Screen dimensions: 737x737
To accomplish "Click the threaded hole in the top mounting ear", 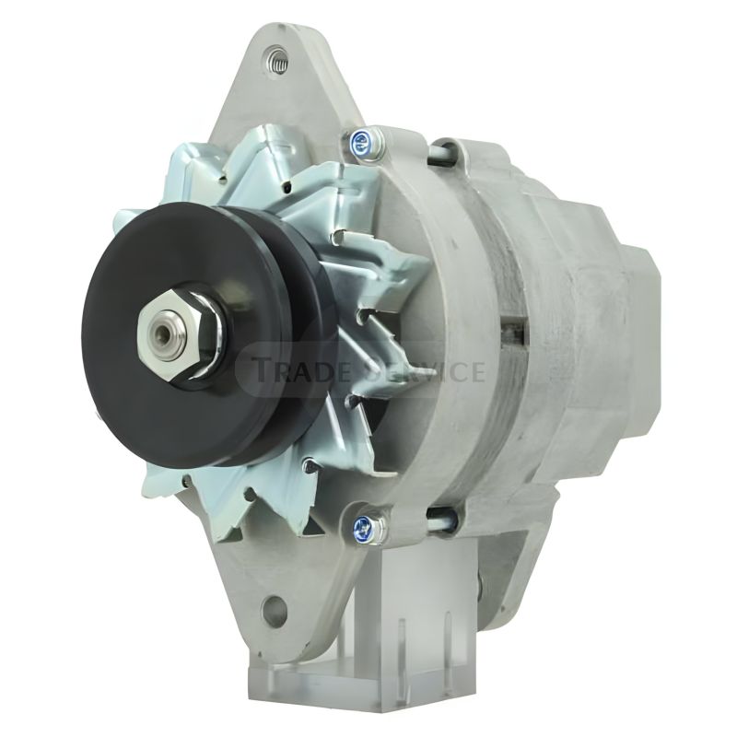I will (275, 64).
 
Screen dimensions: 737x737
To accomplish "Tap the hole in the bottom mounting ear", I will (272, 609).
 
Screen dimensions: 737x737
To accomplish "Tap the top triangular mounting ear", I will (276, 92).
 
